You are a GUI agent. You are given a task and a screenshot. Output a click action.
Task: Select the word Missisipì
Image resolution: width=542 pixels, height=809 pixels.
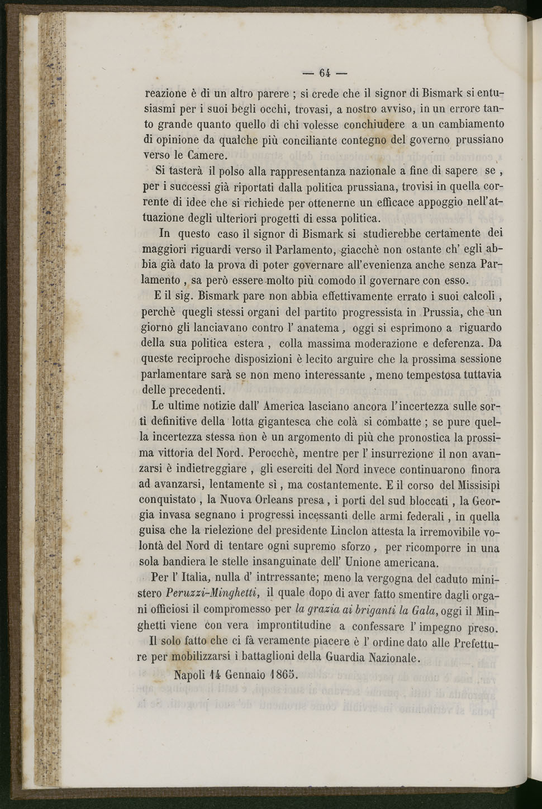click(x=470, y=484)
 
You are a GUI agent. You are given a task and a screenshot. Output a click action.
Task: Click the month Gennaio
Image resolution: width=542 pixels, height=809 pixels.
click(x=241, y=674)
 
